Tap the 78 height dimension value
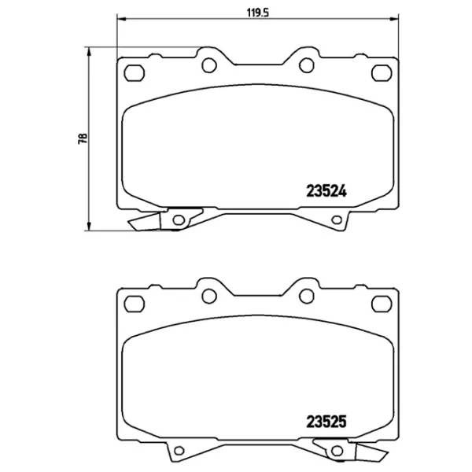coord(83,138)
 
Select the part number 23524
coord(326,190)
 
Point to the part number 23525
coord(326,421)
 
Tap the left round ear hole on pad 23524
coord(209,65)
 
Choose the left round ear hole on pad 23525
coord(209,297)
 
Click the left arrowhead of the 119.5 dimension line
coord(120,20)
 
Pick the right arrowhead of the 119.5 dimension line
coord(396,20)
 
